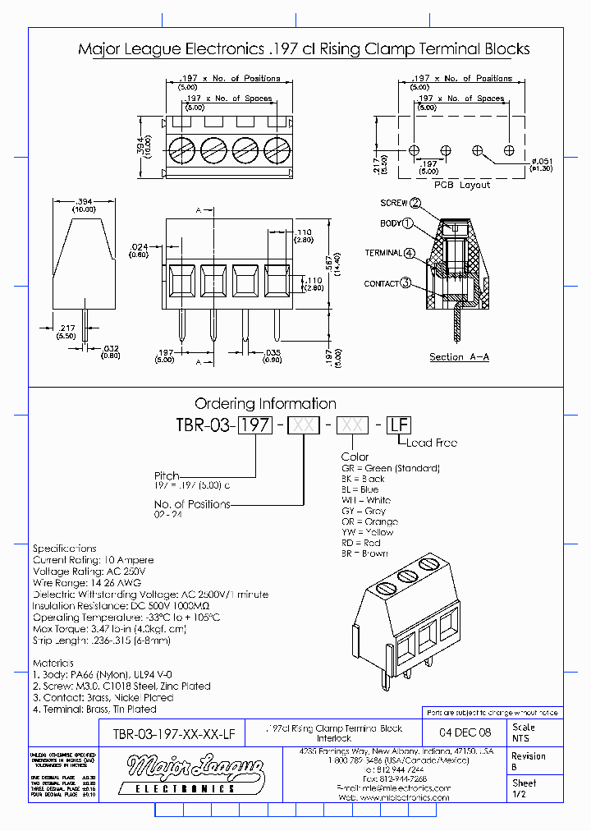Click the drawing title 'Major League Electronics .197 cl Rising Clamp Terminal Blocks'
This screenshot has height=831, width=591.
[304, 49]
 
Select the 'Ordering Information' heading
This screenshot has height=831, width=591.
[265, 403]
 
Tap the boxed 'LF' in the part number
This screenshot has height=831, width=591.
[398, 425]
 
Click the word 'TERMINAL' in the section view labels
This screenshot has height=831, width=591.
[383, 253]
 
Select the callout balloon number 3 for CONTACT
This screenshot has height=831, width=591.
[405, 283]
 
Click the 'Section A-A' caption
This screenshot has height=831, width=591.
[460, 357]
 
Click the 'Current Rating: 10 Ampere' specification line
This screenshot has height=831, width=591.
[93, 560]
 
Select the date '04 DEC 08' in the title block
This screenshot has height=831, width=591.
[465, 732]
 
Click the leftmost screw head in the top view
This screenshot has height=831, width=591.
[181, 152]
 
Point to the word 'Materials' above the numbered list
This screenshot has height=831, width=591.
[53, 663]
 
